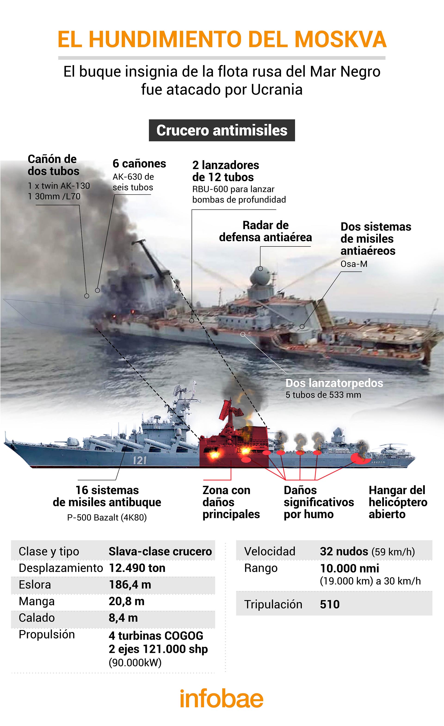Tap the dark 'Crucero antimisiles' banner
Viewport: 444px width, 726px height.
[222, 130]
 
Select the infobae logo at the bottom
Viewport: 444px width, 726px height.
[222, 698]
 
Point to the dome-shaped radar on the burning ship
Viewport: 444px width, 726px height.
[259, 275]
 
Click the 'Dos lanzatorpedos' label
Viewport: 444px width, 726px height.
[334, 383]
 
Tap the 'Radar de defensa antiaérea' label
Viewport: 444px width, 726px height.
[265, 231]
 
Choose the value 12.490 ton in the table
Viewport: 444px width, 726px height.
[137, 568]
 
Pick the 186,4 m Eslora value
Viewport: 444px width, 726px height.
[130, 585]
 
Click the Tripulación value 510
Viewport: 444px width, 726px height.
[330, 604]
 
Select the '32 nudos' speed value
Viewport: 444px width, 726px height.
[344, 551]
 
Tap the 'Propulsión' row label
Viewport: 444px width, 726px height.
[46, 634]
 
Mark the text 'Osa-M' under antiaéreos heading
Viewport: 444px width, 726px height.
[354, 264]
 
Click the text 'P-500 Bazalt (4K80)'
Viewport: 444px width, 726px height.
[107, 517]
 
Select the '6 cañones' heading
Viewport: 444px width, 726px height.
[139, 164]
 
